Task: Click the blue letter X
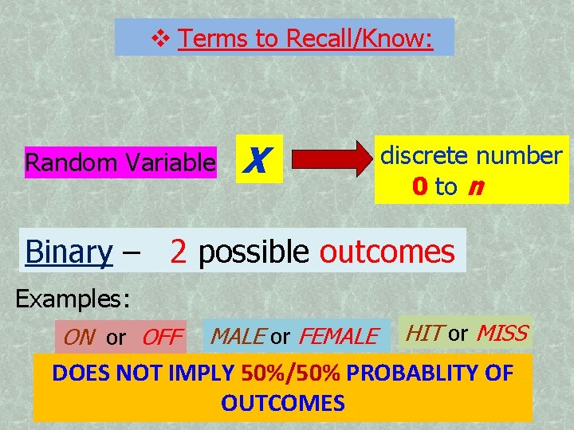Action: click(x=253, y=162)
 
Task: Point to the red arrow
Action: click(x=328, y=162)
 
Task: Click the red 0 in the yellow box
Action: click(x=420, y=187)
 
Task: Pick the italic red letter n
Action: click(x=475, y=187)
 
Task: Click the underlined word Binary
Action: click(x=69, y=252)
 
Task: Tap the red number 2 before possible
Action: click(x=179, y=252)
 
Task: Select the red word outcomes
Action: click(x=387, y=252)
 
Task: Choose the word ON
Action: click(x=78, y=338)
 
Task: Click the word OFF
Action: click(x=162, y=338)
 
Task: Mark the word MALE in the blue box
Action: click(x=237, y=337)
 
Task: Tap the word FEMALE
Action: click(x=338, y=337)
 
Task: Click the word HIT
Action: click(x=425, y=333)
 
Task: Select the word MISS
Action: click(x=501, y=333)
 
